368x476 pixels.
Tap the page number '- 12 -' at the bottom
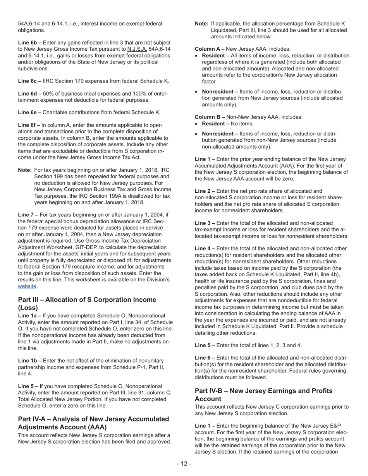point(184,464)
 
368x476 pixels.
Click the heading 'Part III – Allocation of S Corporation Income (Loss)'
point(87,304)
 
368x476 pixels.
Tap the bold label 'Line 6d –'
point(30,93)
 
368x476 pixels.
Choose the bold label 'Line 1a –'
point(30,316)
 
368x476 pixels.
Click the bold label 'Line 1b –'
point(30,360)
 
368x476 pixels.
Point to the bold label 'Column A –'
point(210,49)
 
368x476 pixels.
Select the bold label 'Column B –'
point(210,117)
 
